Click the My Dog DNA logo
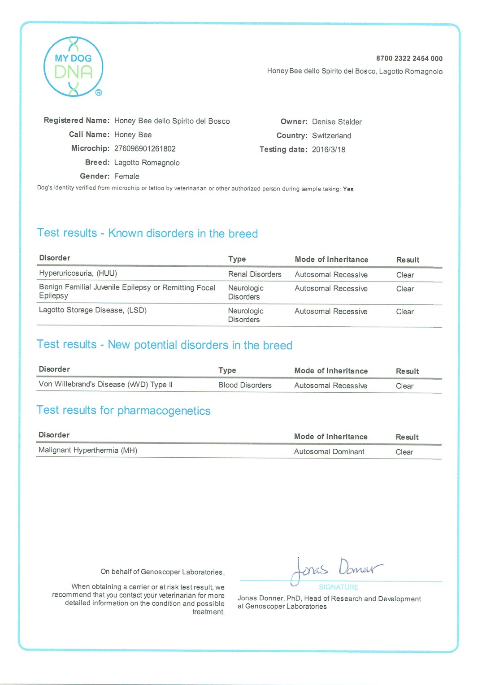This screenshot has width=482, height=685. pyautogui.click(x=73, y=67)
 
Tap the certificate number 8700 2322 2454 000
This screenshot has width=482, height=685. pyautogui.click(x=409, y=58)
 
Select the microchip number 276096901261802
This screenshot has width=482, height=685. pyautogui.click(x=145, y=148)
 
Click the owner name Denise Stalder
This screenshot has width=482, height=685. pyautogui.click(x=337, y=121)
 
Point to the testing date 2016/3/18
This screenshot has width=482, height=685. pyautogui.click(x=329, y=149)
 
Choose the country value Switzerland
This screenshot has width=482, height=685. pyautogui.click(x=331, y=135)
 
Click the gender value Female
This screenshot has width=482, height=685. pyautogui.click(x=126, y=176)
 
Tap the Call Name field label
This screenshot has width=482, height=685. pyautogui.click(x=89, y=134)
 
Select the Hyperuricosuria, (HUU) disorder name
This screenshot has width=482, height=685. pyautogui.click(x=78, y=273)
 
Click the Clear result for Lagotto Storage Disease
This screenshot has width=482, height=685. pyautogui.click(x=405, y=312)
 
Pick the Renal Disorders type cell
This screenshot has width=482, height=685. pyautogui.click(x=255, y=274)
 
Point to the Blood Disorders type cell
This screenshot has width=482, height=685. pyautogui.click(x=245, y=385)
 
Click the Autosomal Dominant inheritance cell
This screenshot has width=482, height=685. pyautogui.click(x=329, y=451)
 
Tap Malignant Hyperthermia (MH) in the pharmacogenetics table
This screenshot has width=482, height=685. pyautogui.click(x=88, y=450)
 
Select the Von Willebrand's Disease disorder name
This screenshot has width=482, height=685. pyautogui.click(x=105, y=384)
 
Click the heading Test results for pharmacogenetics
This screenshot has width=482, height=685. pyautogui.click(x=123, y=410)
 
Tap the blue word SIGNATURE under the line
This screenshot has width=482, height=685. pyautogui.click(x=339, y=587)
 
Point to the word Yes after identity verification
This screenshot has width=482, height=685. pyautogui.click(x=348, y=189)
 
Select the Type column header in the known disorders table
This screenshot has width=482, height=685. pyautogui.click(x=237, y=259)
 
